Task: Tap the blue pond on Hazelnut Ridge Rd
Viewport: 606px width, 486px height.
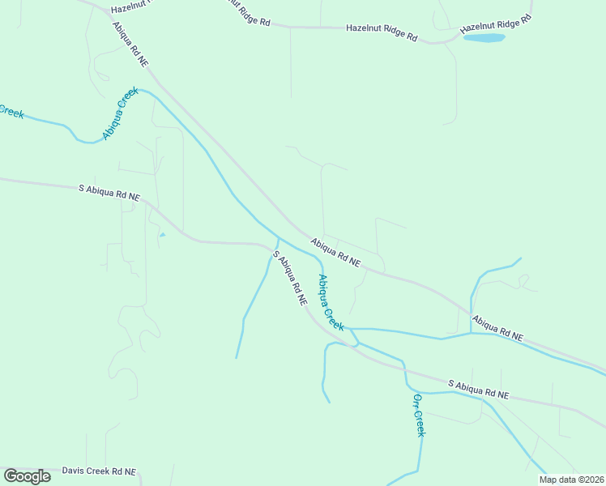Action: coord(484,37)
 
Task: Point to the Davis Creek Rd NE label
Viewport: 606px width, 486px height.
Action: coord(99,471)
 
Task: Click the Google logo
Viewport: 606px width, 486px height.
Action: coord(27,475)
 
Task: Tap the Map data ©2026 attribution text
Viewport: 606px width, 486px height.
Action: coord(571,480)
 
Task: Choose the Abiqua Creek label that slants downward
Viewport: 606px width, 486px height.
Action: coord(331,303)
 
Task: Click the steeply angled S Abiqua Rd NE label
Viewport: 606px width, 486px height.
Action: coord(290,277)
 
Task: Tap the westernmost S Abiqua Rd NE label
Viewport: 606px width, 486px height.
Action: coord(109,193)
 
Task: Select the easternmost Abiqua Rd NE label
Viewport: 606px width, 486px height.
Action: coord(497,327)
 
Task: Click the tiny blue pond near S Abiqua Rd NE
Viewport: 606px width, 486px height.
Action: coord(162,235)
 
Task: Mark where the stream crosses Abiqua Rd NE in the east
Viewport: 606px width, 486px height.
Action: coord(471,312)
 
